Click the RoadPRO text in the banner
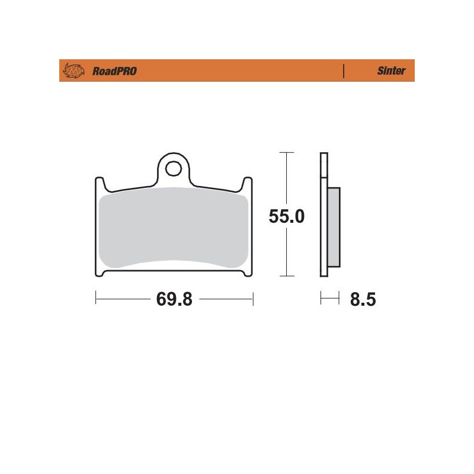tap(114, 71)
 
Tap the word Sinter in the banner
tap(391, 71)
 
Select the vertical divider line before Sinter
tap(344, 71)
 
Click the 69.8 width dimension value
tap(174, 299)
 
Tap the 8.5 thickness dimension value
tap(363, 299)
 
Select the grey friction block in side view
tap(334, 225)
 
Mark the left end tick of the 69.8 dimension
tap(95, 299)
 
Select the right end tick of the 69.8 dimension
tap(253, 299)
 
